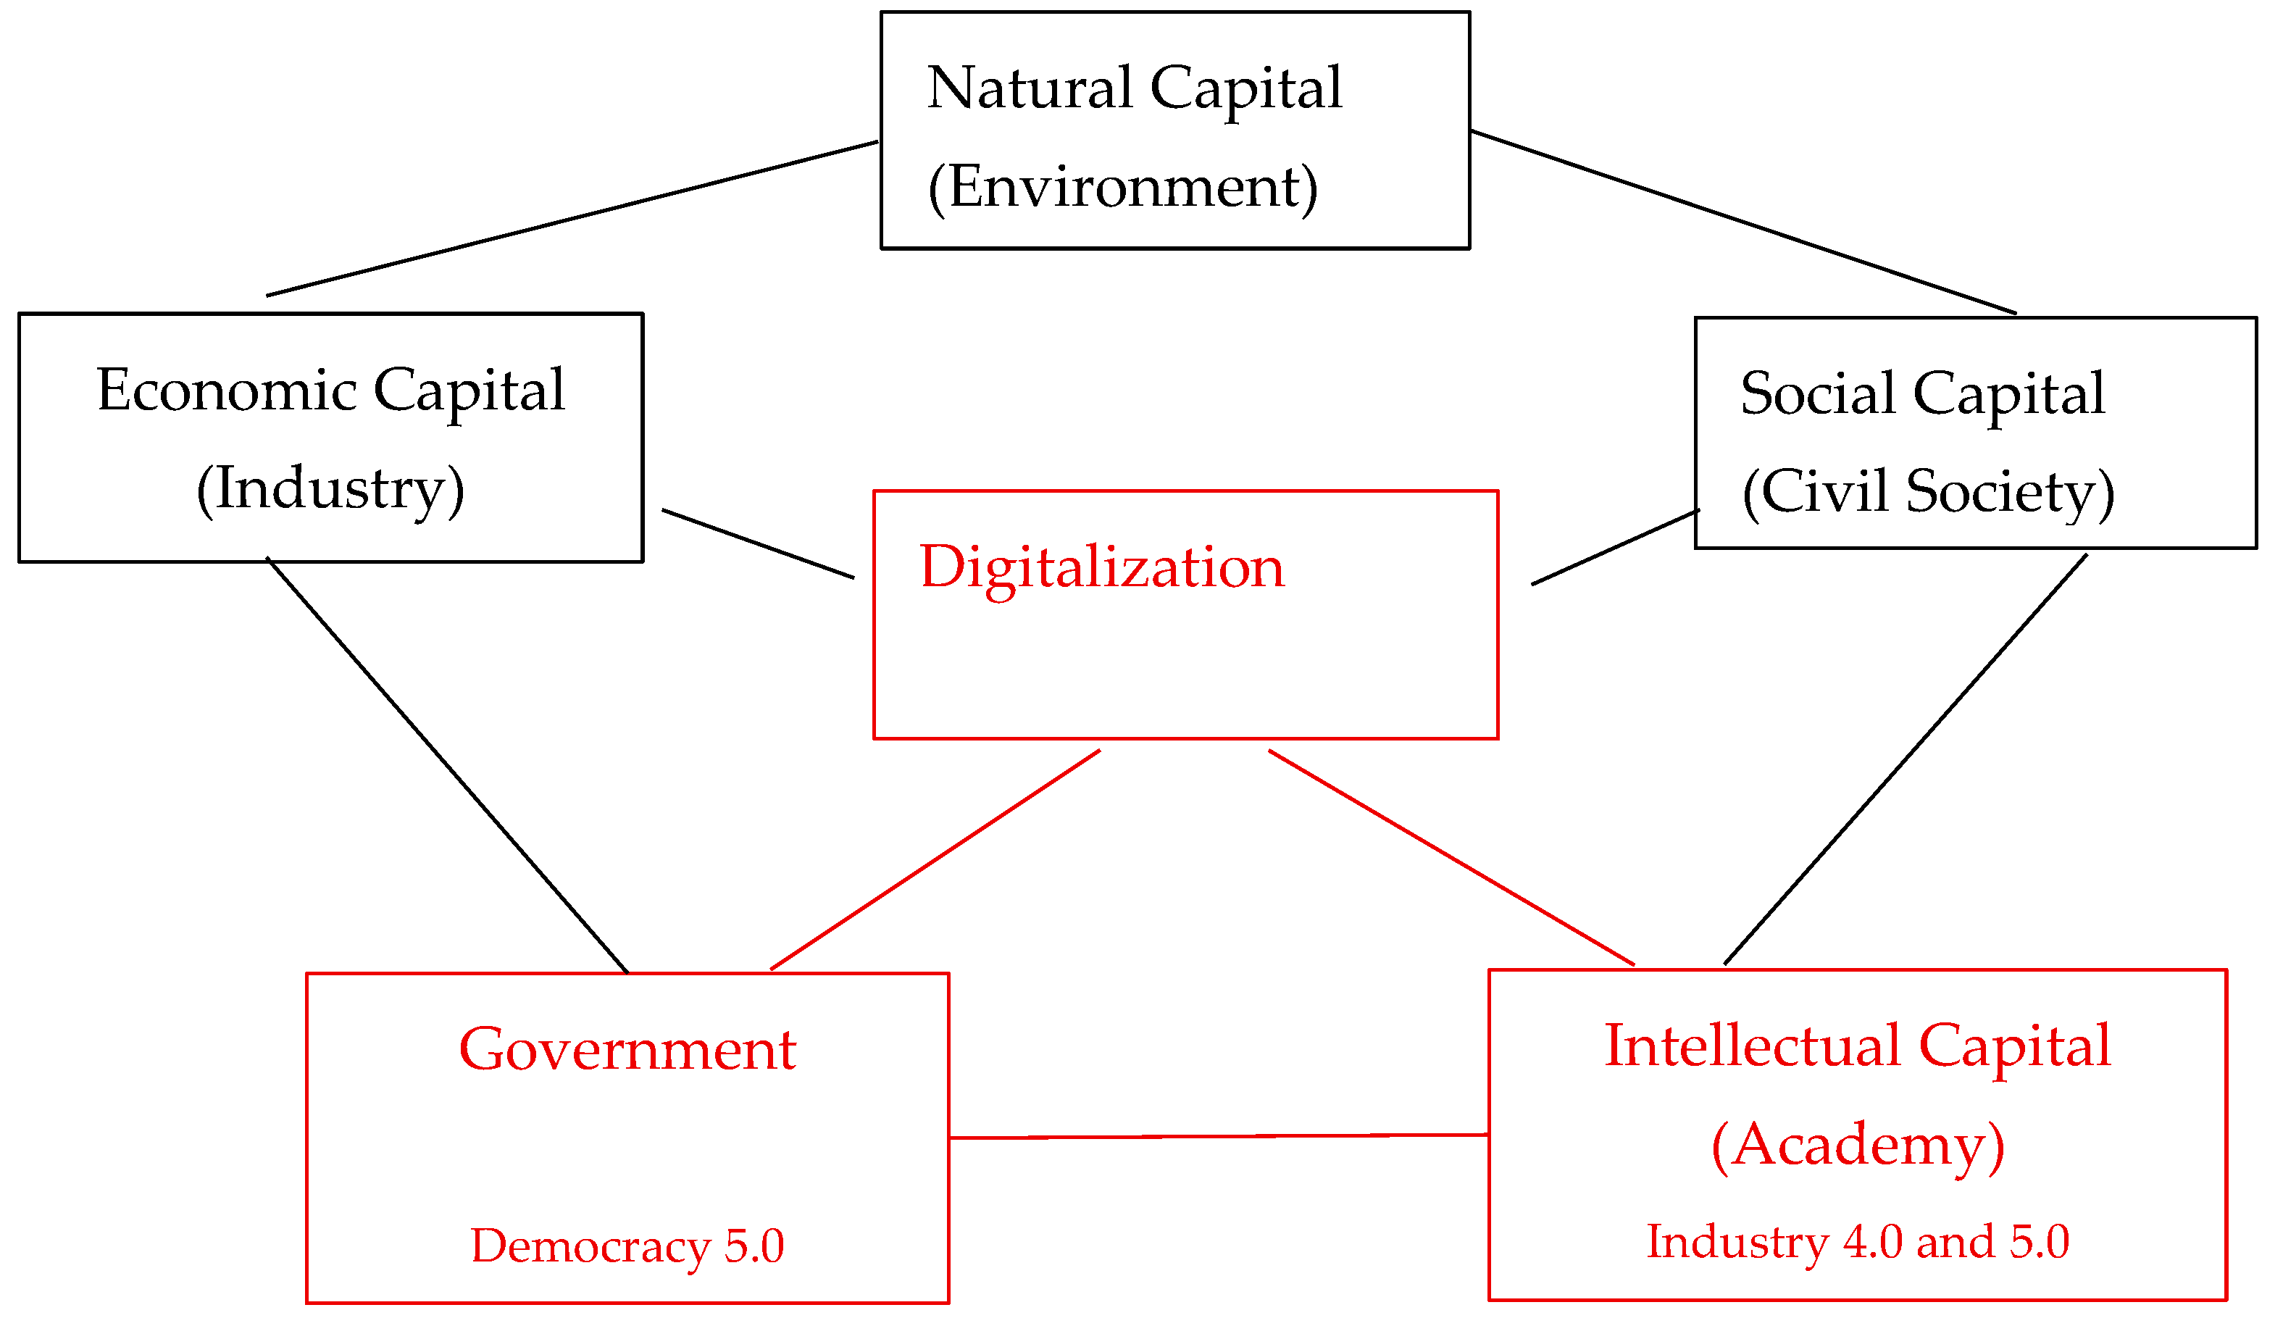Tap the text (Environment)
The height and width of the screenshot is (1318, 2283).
(1123, 188)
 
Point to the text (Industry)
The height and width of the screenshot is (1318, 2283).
(330, 490)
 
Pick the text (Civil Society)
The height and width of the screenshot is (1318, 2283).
(1928, 493)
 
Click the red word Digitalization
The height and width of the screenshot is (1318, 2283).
(1101, 567)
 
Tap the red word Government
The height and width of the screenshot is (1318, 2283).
(627, 1050)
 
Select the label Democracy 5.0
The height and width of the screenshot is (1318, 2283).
(627, 1246)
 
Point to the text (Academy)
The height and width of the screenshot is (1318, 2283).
(1858, 1145)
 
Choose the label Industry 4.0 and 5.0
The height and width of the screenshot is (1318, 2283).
(1858, 1242)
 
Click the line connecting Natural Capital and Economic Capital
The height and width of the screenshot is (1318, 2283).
(572, 218)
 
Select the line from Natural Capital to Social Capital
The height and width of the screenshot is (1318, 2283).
(1742, 222)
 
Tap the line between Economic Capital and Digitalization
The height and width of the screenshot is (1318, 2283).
(759, 544)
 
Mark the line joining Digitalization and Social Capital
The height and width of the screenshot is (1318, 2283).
(1615, 548)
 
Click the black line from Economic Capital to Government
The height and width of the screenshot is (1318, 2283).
(448, 766)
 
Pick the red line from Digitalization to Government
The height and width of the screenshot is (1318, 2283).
(935, 860)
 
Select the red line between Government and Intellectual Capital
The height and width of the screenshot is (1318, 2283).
(1219, 1136)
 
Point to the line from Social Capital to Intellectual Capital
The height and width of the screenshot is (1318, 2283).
(1905, 760)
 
